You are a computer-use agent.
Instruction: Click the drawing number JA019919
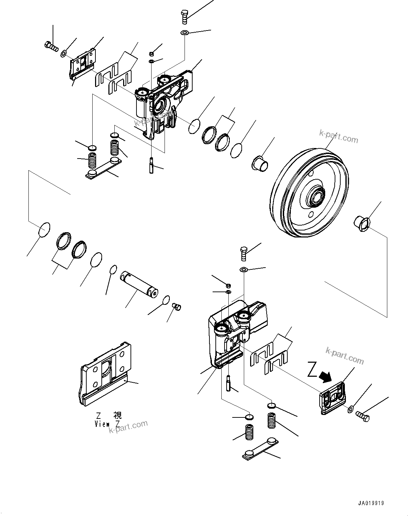[x=371, y=503]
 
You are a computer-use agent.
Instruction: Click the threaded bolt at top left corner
[x=52, y=46]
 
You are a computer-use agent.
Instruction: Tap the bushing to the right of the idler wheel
[x=361, y=223]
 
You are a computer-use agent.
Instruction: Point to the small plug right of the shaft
[x=177, y=307]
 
